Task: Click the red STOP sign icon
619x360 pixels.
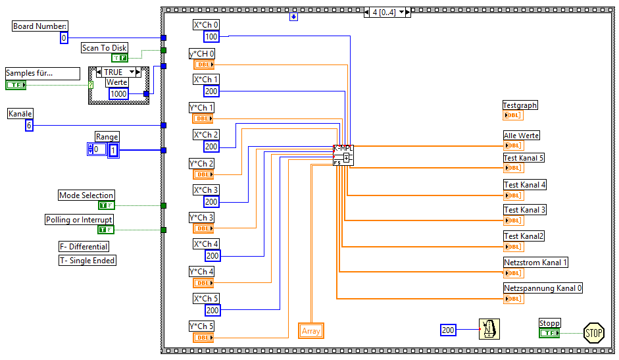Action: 593,332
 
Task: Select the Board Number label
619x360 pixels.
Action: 40,26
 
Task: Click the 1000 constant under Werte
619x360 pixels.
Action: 118,94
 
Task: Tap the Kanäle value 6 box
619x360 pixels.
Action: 29,125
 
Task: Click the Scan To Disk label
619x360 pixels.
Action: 105,48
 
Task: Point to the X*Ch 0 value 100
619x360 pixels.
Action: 211,37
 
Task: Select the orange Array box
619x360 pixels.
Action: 311,331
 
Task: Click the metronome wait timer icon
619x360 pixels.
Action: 489,330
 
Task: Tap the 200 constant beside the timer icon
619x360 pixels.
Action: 448,330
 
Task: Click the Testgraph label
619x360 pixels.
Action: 520,105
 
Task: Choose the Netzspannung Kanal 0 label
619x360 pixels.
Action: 543,288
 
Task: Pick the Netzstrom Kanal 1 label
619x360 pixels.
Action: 535,263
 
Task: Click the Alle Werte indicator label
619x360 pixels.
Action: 521,136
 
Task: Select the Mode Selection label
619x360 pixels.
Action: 86,195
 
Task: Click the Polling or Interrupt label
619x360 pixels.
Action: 79,220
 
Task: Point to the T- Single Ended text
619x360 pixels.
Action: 87,261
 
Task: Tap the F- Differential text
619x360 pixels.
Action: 84,247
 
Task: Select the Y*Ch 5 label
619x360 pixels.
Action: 201,326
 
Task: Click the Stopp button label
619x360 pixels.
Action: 549,323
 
